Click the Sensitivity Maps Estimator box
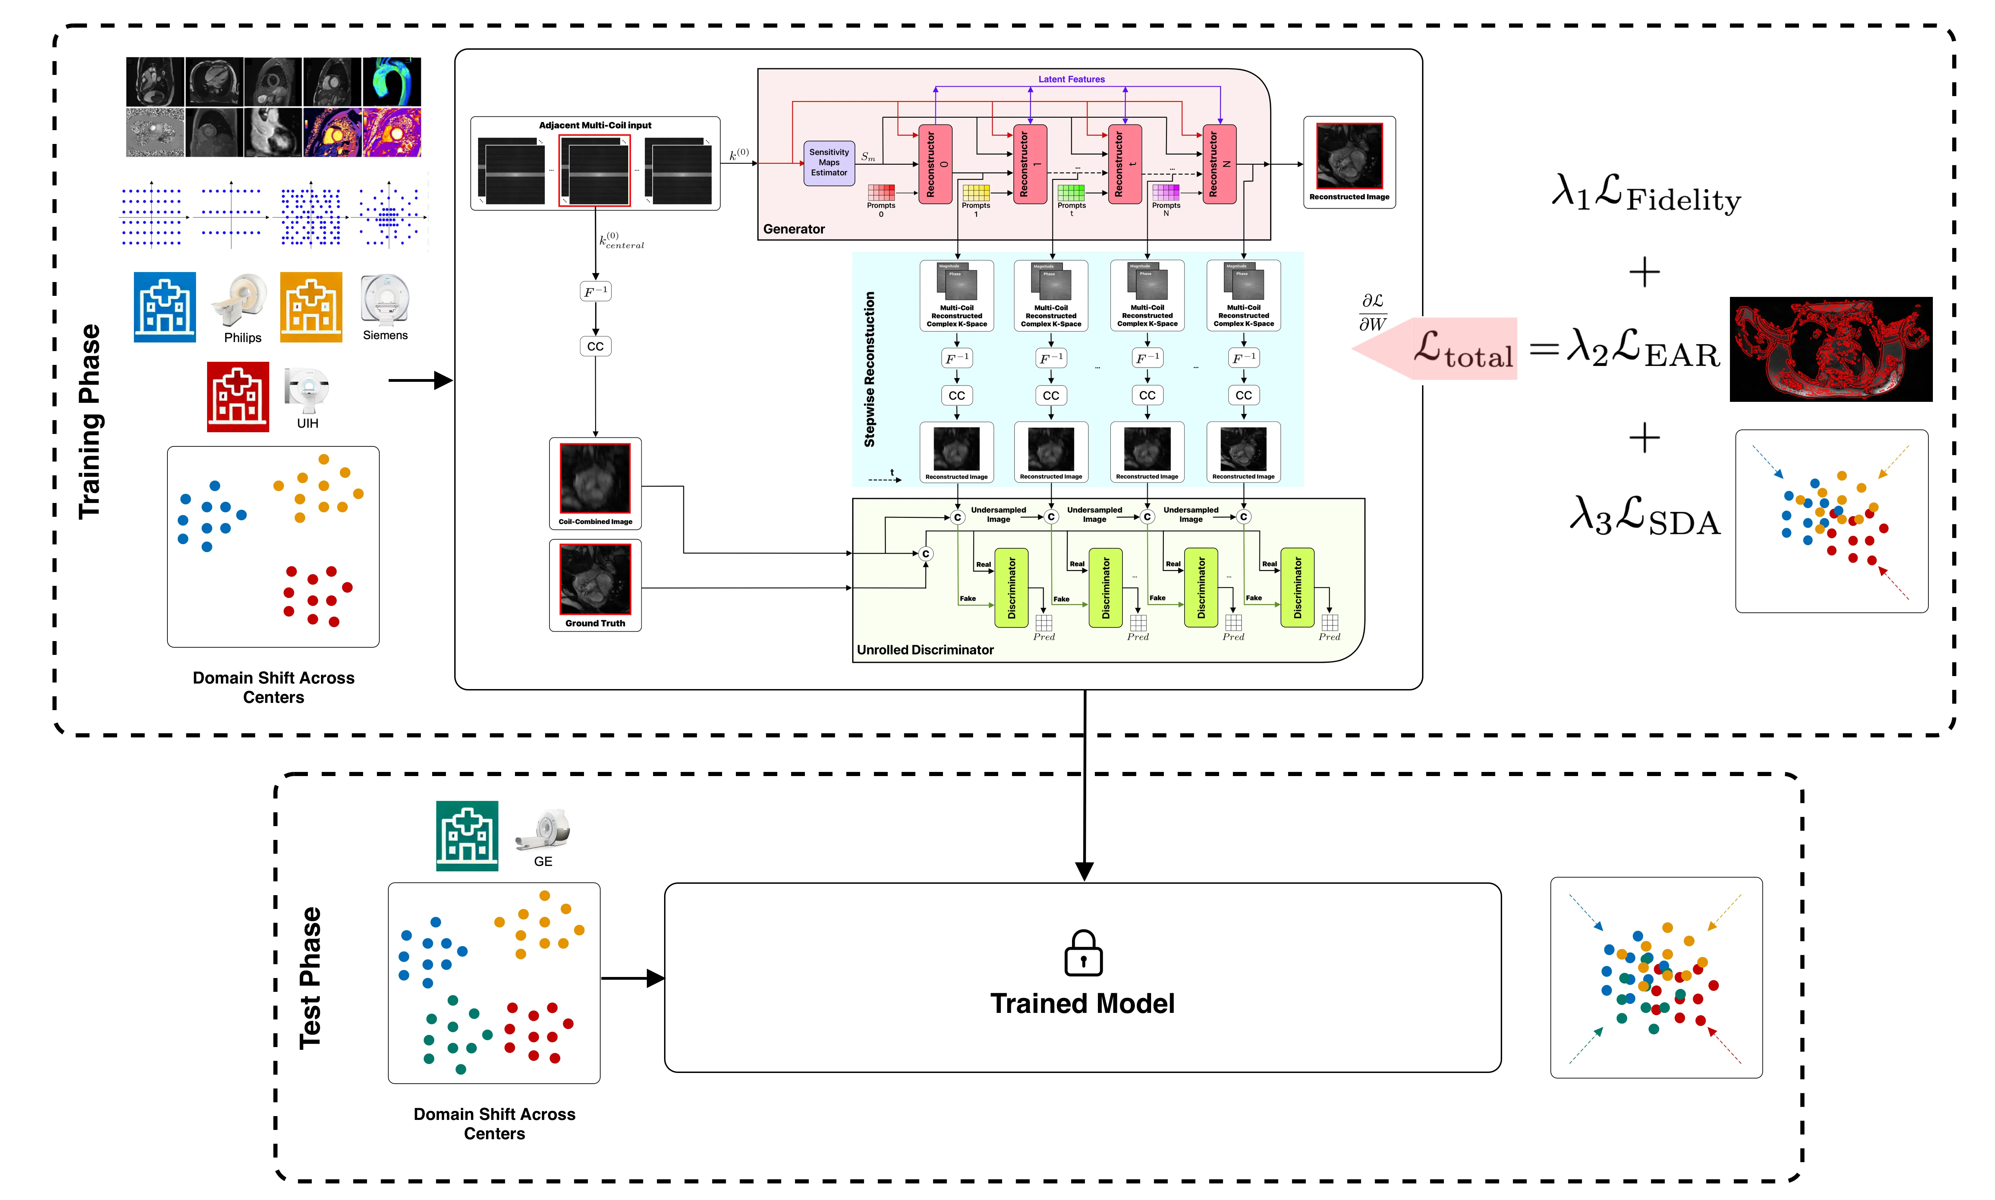point(829,163)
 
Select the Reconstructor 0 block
point(935,164)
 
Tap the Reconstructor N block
point(1219,164)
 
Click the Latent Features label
point(1071,79)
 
